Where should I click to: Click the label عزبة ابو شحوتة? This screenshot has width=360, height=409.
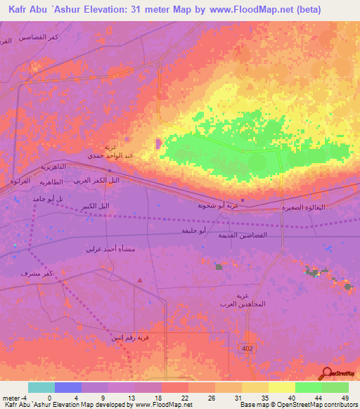click(216, 207)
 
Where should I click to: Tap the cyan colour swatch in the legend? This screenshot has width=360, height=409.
click(41, 387)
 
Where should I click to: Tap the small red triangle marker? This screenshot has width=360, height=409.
click(140, 280)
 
